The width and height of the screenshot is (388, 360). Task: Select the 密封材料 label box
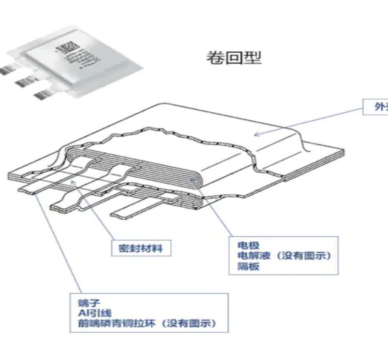[x=141, y=248]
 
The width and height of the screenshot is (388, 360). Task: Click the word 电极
[x=248, y=246]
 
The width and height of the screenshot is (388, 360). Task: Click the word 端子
[x=83, y=303]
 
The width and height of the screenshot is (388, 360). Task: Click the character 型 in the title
[x=253, y=57]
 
